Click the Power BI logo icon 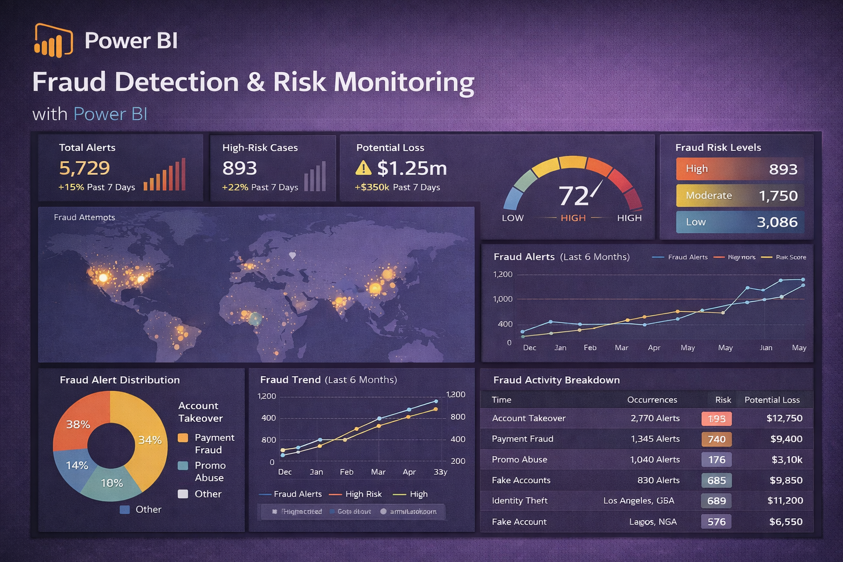click(53, 41)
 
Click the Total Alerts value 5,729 click(85, 168)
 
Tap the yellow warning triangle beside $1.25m click(363, 168)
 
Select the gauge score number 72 click(574, 196)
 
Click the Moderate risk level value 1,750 click(778, 196)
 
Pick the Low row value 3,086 click(777, 222)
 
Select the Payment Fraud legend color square click(183, 438)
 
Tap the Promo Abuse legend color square click(183, 465)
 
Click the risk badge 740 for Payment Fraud click(716, 439)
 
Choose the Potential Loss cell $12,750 click(784, 418)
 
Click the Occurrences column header click(652, 400)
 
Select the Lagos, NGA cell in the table click(653, 522)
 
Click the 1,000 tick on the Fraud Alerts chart click(503, 299)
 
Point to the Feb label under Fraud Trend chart click(346, 472)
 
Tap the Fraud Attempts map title click(85, 217)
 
